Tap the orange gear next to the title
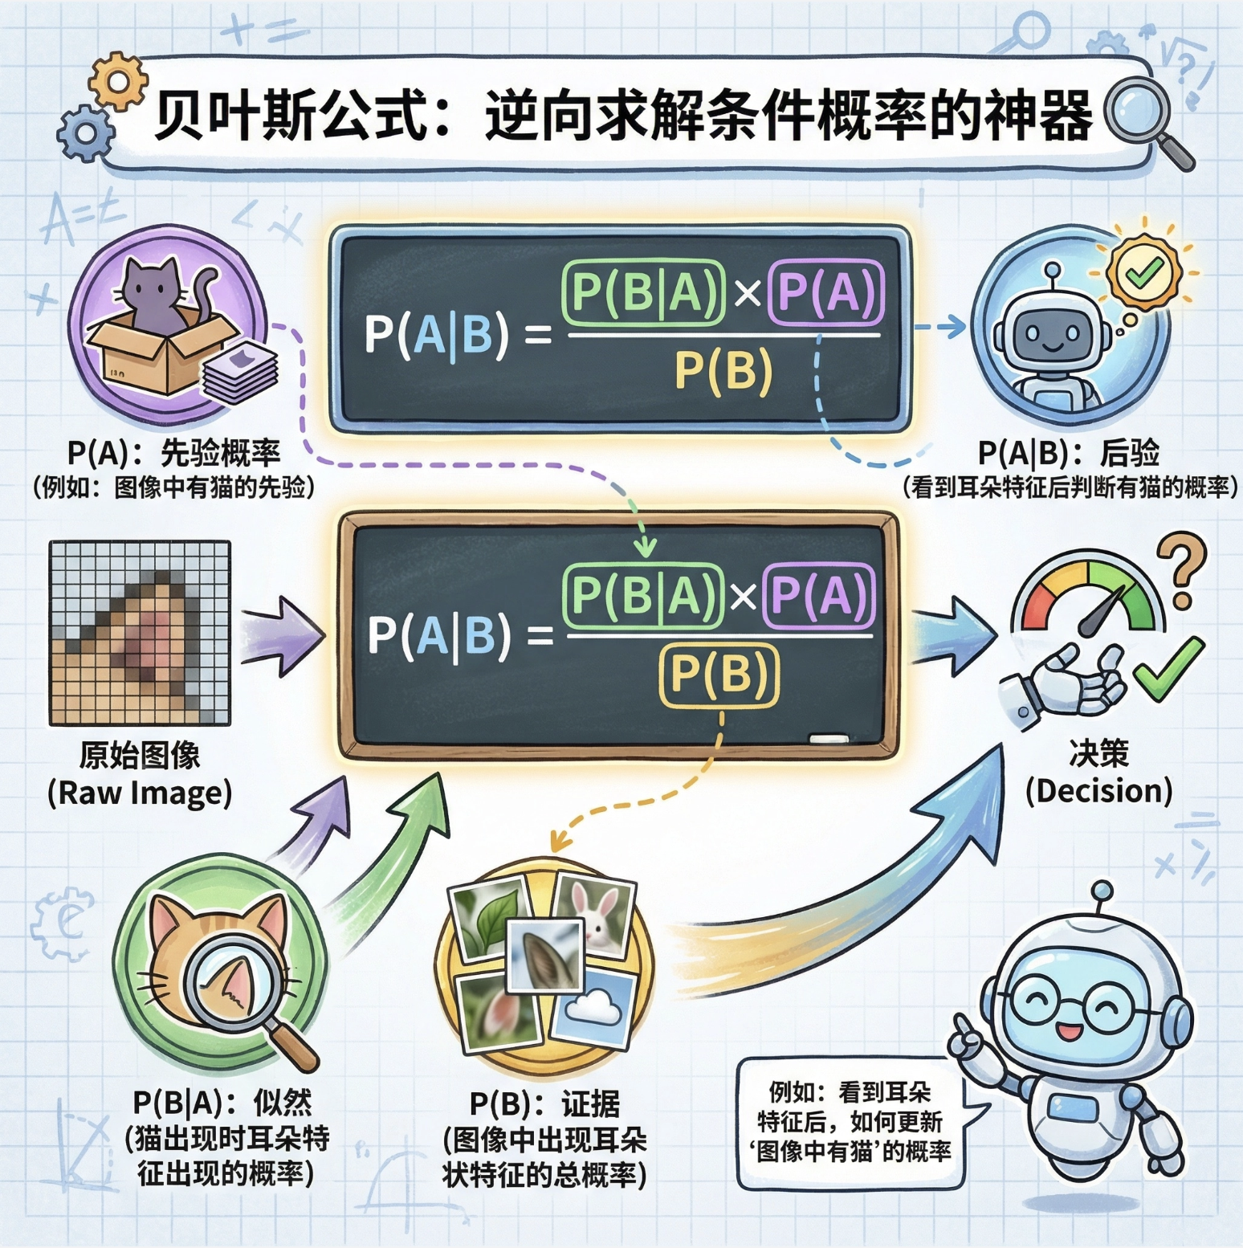pyautogui.click(x=118, y=80)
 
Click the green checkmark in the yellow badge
pyautogui.click(x=1143, y=272)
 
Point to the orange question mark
pyautogui.click(x=1181, y=570)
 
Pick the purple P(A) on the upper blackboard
pyautogui.click(x=825, y=293)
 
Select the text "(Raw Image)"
pyautogui.click(x=140, y=793)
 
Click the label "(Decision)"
pyautogui.click(x=1098, y=791)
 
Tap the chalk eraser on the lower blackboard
pyautogui.click(x=828, y=738)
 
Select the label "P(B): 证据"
pyautogui.click(x=544, y=1105)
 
